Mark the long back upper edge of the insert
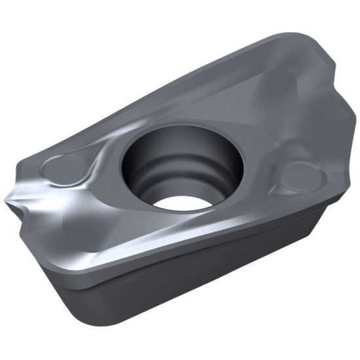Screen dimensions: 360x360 (x=164, y=79)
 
